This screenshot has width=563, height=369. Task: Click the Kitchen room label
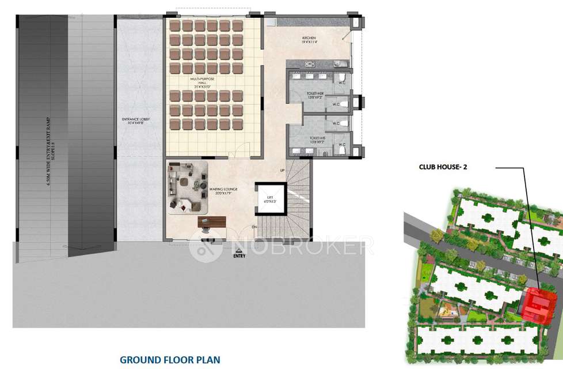310,40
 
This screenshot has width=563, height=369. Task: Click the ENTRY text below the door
239,256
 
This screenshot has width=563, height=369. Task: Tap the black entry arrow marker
235,249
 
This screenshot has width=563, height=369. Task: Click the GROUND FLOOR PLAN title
170,360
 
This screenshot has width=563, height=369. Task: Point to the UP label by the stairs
281,171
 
